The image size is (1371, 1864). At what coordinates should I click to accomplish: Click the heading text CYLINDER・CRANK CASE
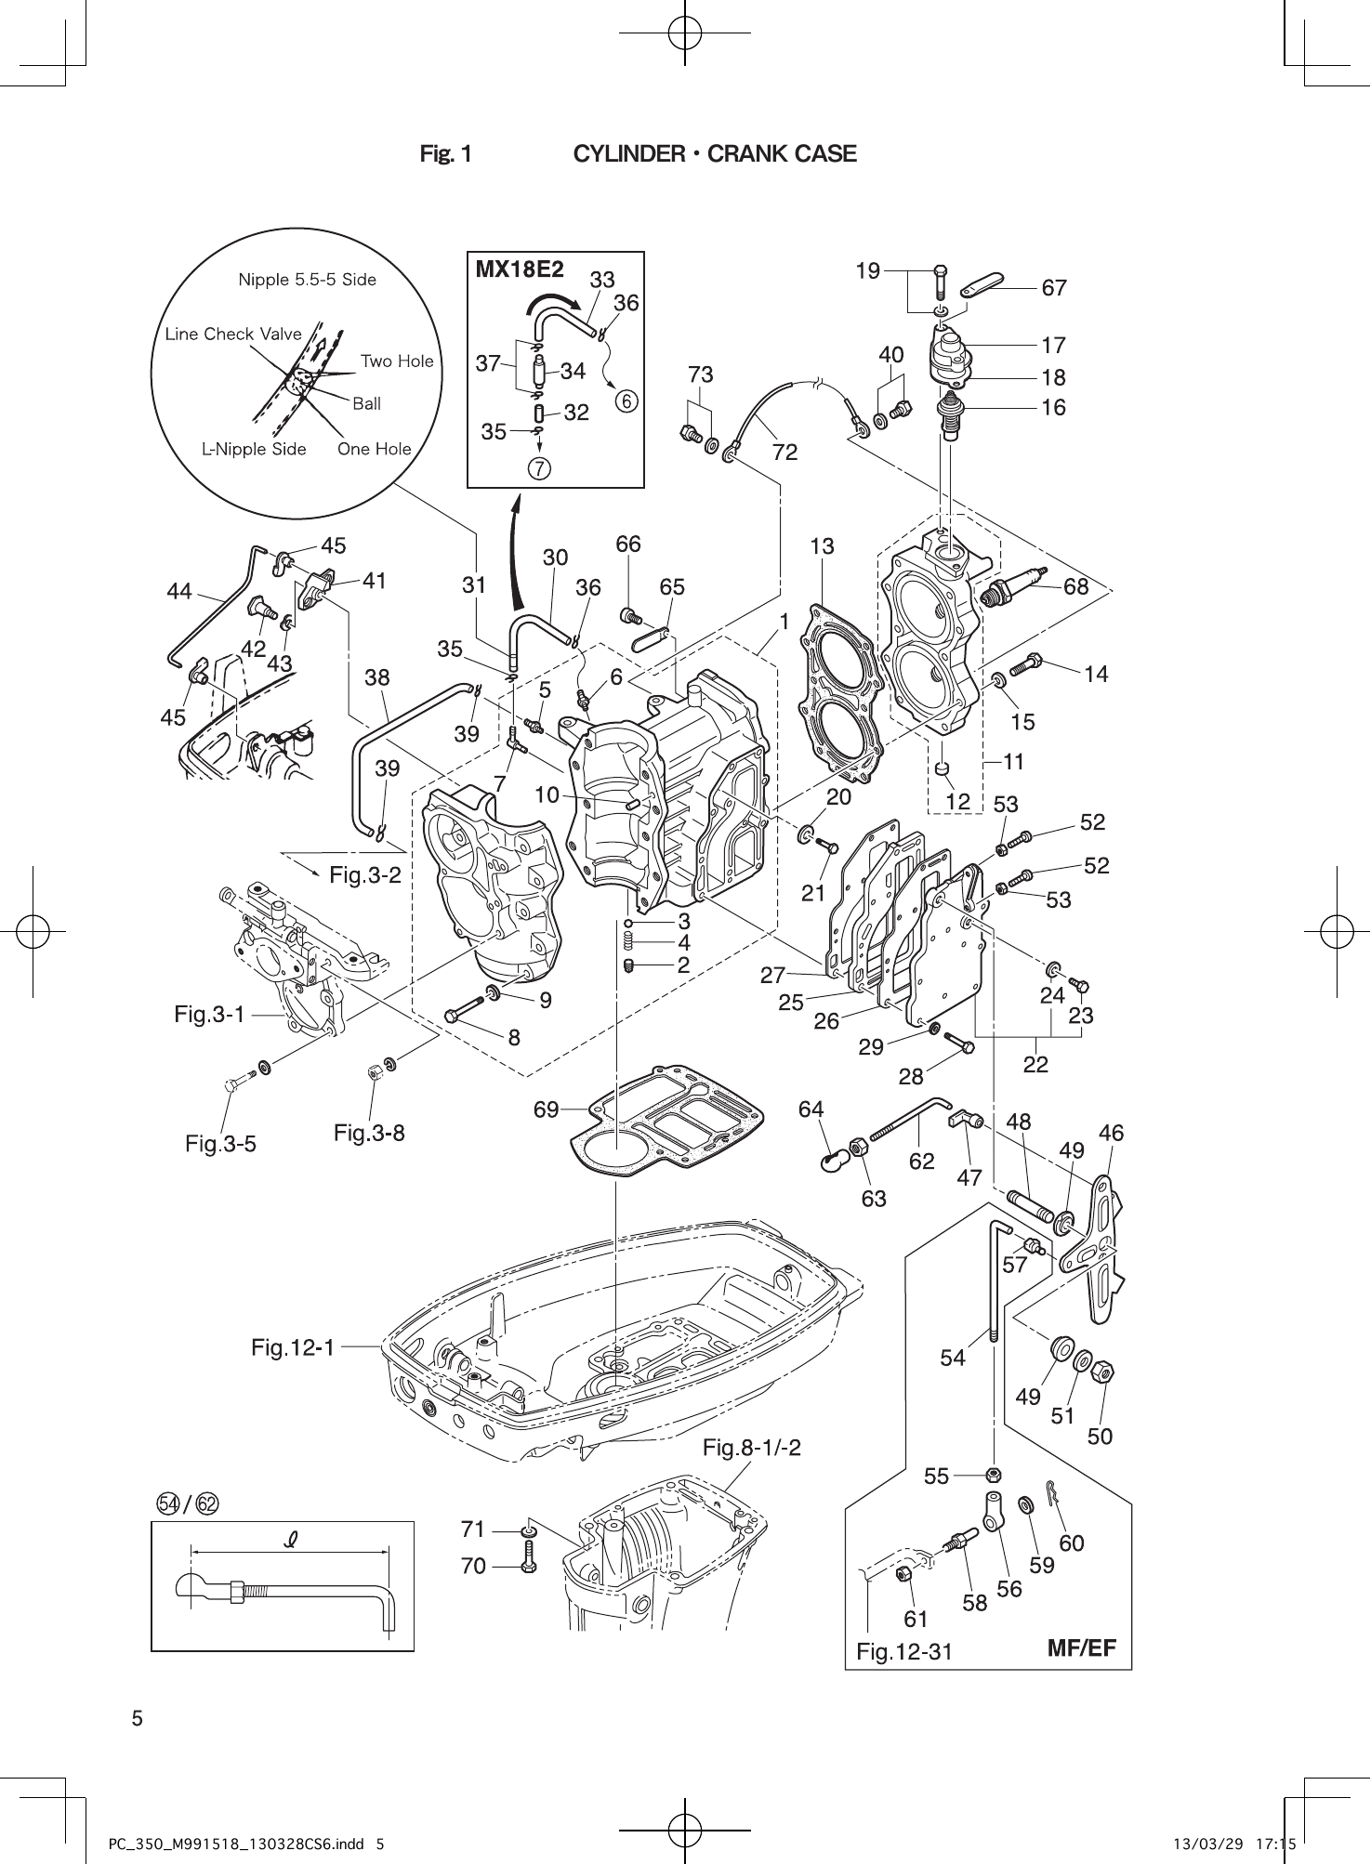pos(714,154)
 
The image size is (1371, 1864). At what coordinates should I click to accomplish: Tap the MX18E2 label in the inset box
pos(520,269)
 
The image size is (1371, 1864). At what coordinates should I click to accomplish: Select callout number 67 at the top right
pos(1053,288)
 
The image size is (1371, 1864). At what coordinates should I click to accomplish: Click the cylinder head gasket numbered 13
pos(835,688)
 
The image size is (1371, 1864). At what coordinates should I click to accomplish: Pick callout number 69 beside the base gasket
pos(546,1109)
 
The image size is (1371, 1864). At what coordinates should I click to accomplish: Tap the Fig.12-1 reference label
pos(292,1346)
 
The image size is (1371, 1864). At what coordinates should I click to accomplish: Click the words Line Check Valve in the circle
pos(233,334)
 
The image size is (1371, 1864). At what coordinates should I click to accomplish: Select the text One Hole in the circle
pos(374,449)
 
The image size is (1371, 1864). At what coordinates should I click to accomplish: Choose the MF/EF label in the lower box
pos(1081,1648)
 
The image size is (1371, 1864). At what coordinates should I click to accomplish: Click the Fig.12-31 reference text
pos(903,1651)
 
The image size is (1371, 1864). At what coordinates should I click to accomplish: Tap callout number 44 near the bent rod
pos(179,591)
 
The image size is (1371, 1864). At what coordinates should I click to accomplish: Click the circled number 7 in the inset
pos(539,468)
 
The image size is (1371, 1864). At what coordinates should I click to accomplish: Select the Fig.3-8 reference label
pos(369,1133)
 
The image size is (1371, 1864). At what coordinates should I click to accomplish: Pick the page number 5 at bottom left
pos(138,1718)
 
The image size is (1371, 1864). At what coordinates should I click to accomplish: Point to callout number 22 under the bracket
pos(1035,1065)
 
